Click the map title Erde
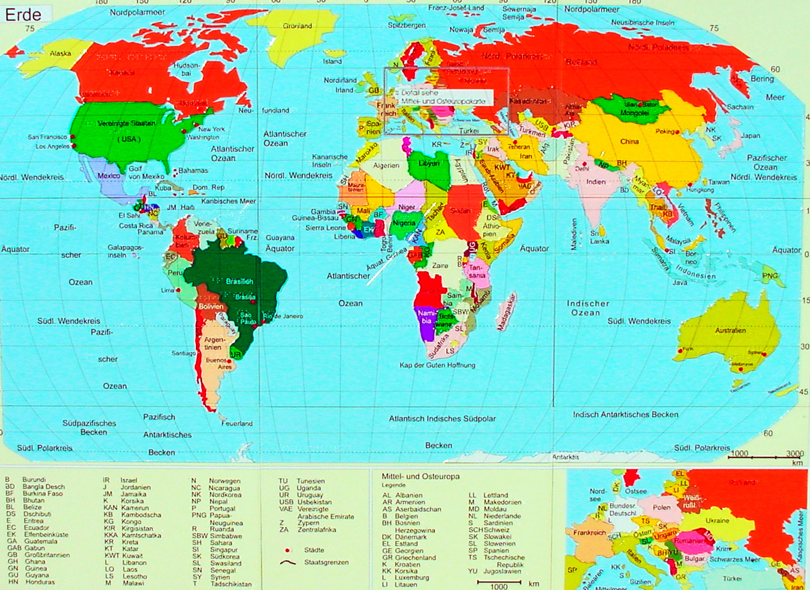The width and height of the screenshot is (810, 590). click(23, 15)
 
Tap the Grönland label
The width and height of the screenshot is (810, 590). click(297, 26)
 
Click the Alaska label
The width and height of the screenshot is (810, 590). click(60, 54)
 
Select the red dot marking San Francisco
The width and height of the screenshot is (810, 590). click(73, 137)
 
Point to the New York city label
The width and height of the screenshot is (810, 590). click(211, 129)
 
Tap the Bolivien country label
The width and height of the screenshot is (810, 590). click(211, 306)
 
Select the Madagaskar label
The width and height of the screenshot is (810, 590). click(507, 312)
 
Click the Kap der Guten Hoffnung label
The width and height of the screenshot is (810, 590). click(437, 365)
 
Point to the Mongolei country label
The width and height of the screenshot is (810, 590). click(634, 113)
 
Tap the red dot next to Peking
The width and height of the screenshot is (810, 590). click(677, 132)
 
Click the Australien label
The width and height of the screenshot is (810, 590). click(730, 330)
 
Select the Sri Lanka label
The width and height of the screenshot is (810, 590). click(599, 237)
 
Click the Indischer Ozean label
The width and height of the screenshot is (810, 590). click(587, 308)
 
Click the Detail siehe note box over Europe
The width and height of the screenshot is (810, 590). click(443, 97)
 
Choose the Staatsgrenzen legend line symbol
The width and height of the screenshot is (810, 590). click(287, 563)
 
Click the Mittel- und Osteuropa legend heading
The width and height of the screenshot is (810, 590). click(420, 476)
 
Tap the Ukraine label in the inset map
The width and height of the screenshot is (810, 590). click(717, 520)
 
